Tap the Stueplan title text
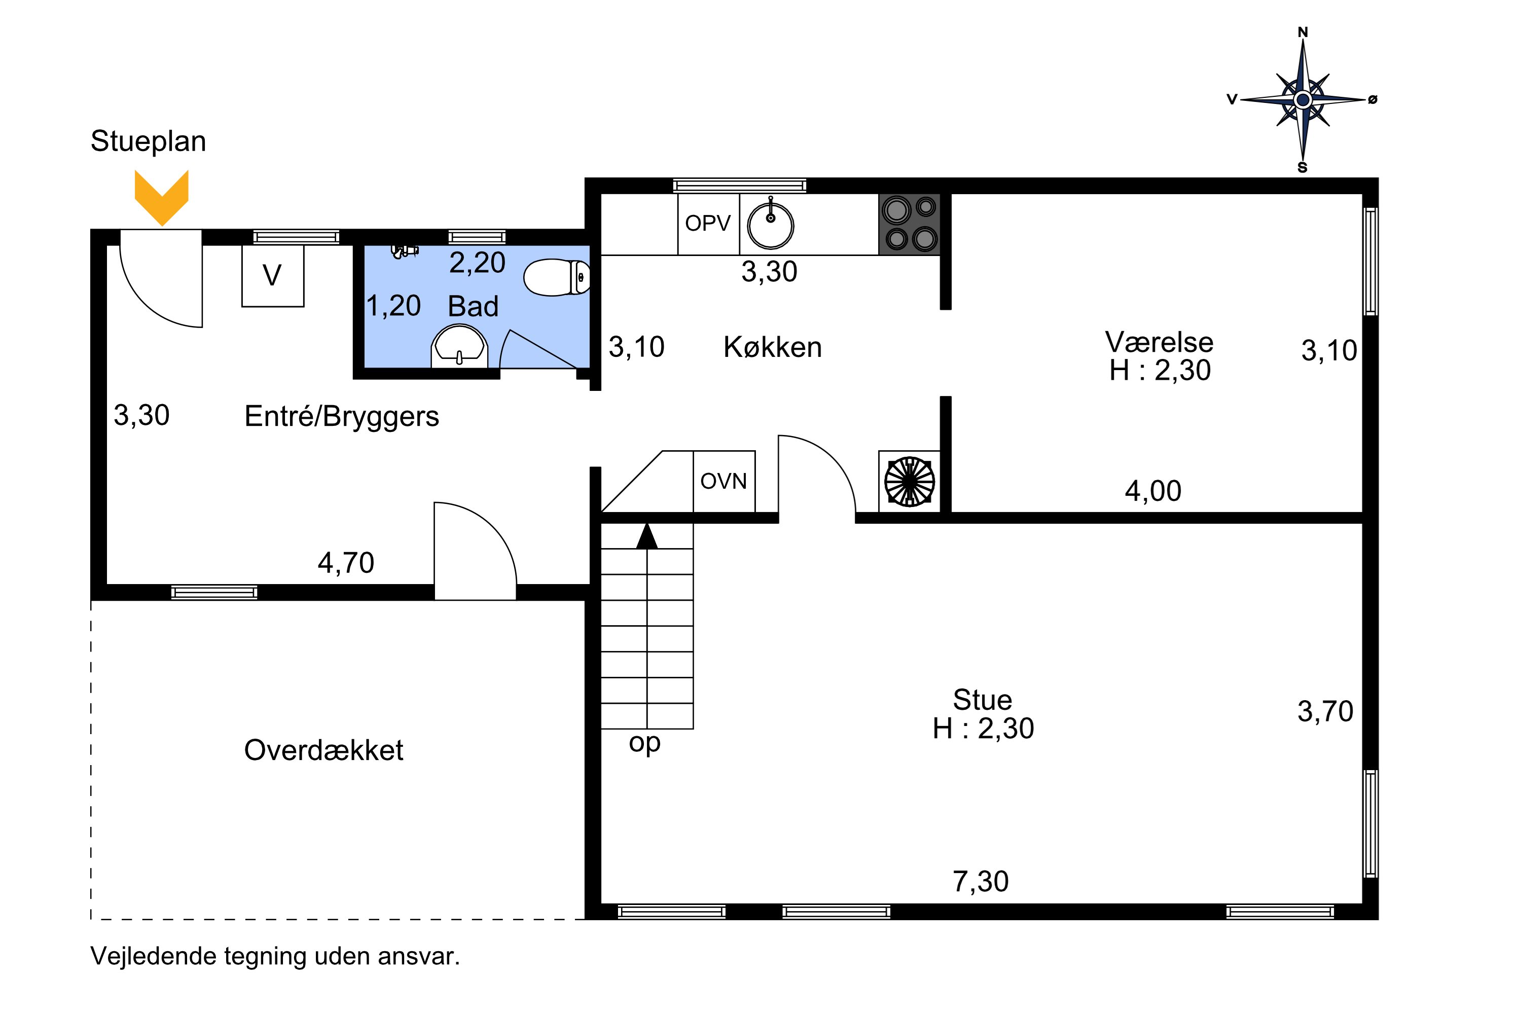[x=148, y=141]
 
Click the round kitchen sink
[x=770, y=226]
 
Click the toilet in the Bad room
[x=556, y=277]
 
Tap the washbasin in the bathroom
[x=459, y=346]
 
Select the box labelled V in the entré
[x=272, y=275]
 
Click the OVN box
[x=723, y=481]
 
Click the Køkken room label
[x=772, y=347]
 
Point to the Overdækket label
[x=323, y=750]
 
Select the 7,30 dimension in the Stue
[x=981, y=882]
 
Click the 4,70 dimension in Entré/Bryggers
[x=345, y=563]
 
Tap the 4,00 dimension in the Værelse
[x=1153, y=491]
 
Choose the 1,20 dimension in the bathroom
[x=393, y=306]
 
